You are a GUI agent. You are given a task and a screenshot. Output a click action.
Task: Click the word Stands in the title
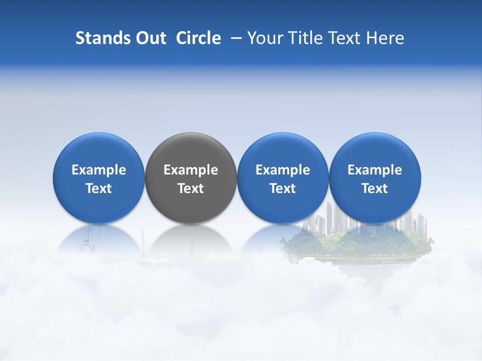99,38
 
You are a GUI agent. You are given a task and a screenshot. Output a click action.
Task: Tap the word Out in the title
150,38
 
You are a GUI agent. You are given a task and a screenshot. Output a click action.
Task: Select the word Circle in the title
198,38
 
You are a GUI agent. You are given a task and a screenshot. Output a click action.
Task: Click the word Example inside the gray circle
190,170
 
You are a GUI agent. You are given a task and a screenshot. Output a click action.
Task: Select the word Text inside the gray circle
190,189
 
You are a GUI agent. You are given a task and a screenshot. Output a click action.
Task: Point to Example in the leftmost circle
98,170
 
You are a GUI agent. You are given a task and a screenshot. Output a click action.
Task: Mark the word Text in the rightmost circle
375,189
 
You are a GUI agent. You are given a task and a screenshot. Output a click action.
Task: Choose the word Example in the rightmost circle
375,170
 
